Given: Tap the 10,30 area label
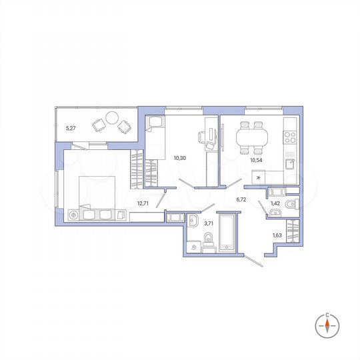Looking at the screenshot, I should click(x=179, y=158).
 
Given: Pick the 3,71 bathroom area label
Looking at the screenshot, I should click(x=209, y=224).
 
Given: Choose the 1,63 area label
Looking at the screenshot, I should click(x=277, y=235).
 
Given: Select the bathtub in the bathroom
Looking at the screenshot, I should click(x=228, y=233).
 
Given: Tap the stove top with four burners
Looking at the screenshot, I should click(x=291, y=138).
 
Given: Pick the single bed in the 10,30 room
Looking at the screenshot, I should click(x=155, y=137).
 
